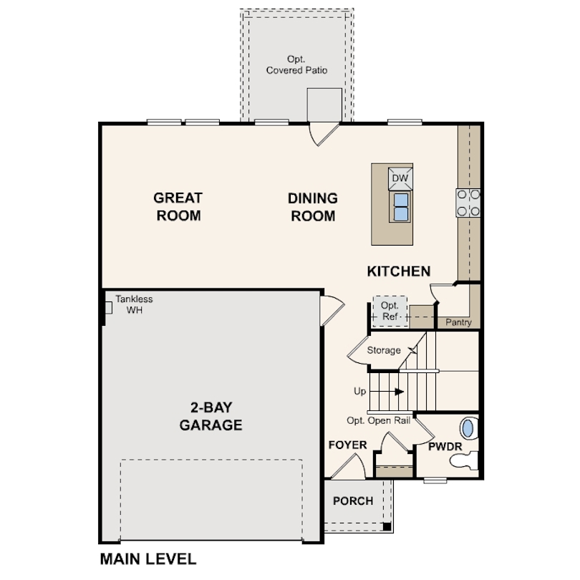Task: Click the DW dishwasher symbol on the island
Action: click(400, 178)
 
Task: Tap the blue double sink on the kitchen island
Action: click(400, 207)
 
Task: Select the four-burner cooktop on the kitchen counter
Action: click(468, 203)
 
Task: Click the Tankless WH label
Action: click(134, 304)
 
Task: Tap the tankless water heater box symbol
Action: click(109, 308)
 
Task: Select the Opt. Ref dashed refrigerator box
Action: click(390, 311)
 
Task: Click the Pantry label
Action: click(458, 322)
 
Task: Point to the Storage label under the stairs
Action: click(384, 350)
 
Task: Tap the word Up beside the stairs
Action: click(360, 391)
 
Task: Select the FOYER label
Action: click(347, 445)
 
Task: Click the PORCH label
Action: click(353, 501)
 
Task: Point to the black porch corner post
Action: click(387, 526)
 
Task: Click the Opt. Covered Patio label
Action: click(296, 64)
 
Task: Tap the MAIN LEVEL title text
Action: click(148, 559)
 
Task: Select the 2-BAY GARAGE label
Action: click(211, 416)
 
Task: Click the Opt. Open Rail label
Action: click(378, 420)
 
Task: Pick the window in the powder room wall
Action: click(435, 480)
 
